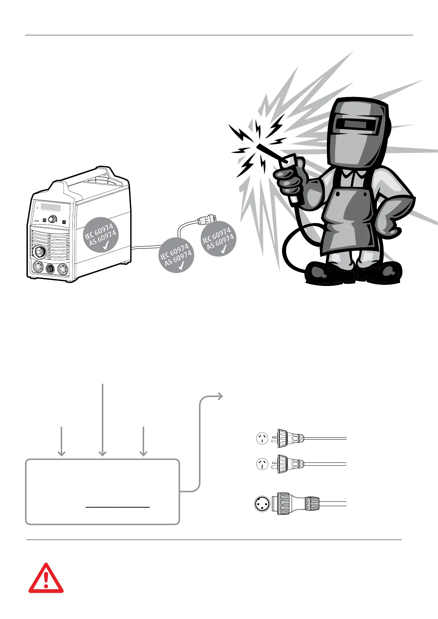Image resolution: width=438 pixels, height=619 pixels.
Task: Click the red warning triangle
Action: (x=46, y=579)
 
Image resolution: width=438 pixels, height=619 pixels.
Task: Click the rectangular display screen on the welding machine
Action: (x=51, y=207)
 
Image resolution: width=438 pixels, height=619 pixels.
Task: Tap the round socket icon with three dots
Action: (x=262, y=504)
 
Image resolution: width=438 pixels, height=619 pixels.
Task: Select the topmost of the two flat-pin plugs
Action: (x=289, y=439)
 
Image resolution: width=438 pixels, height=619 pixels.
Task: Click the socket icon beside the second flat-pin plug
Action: (x=262, y=465)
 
